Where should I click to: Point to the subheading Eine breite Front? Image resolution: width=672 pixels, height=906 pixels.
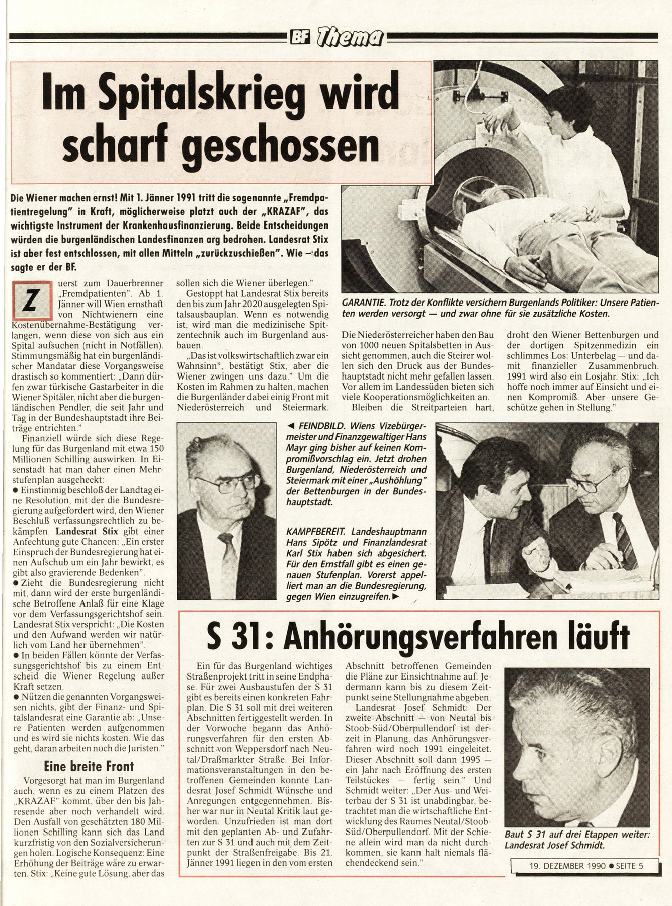tap(90, 766)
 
